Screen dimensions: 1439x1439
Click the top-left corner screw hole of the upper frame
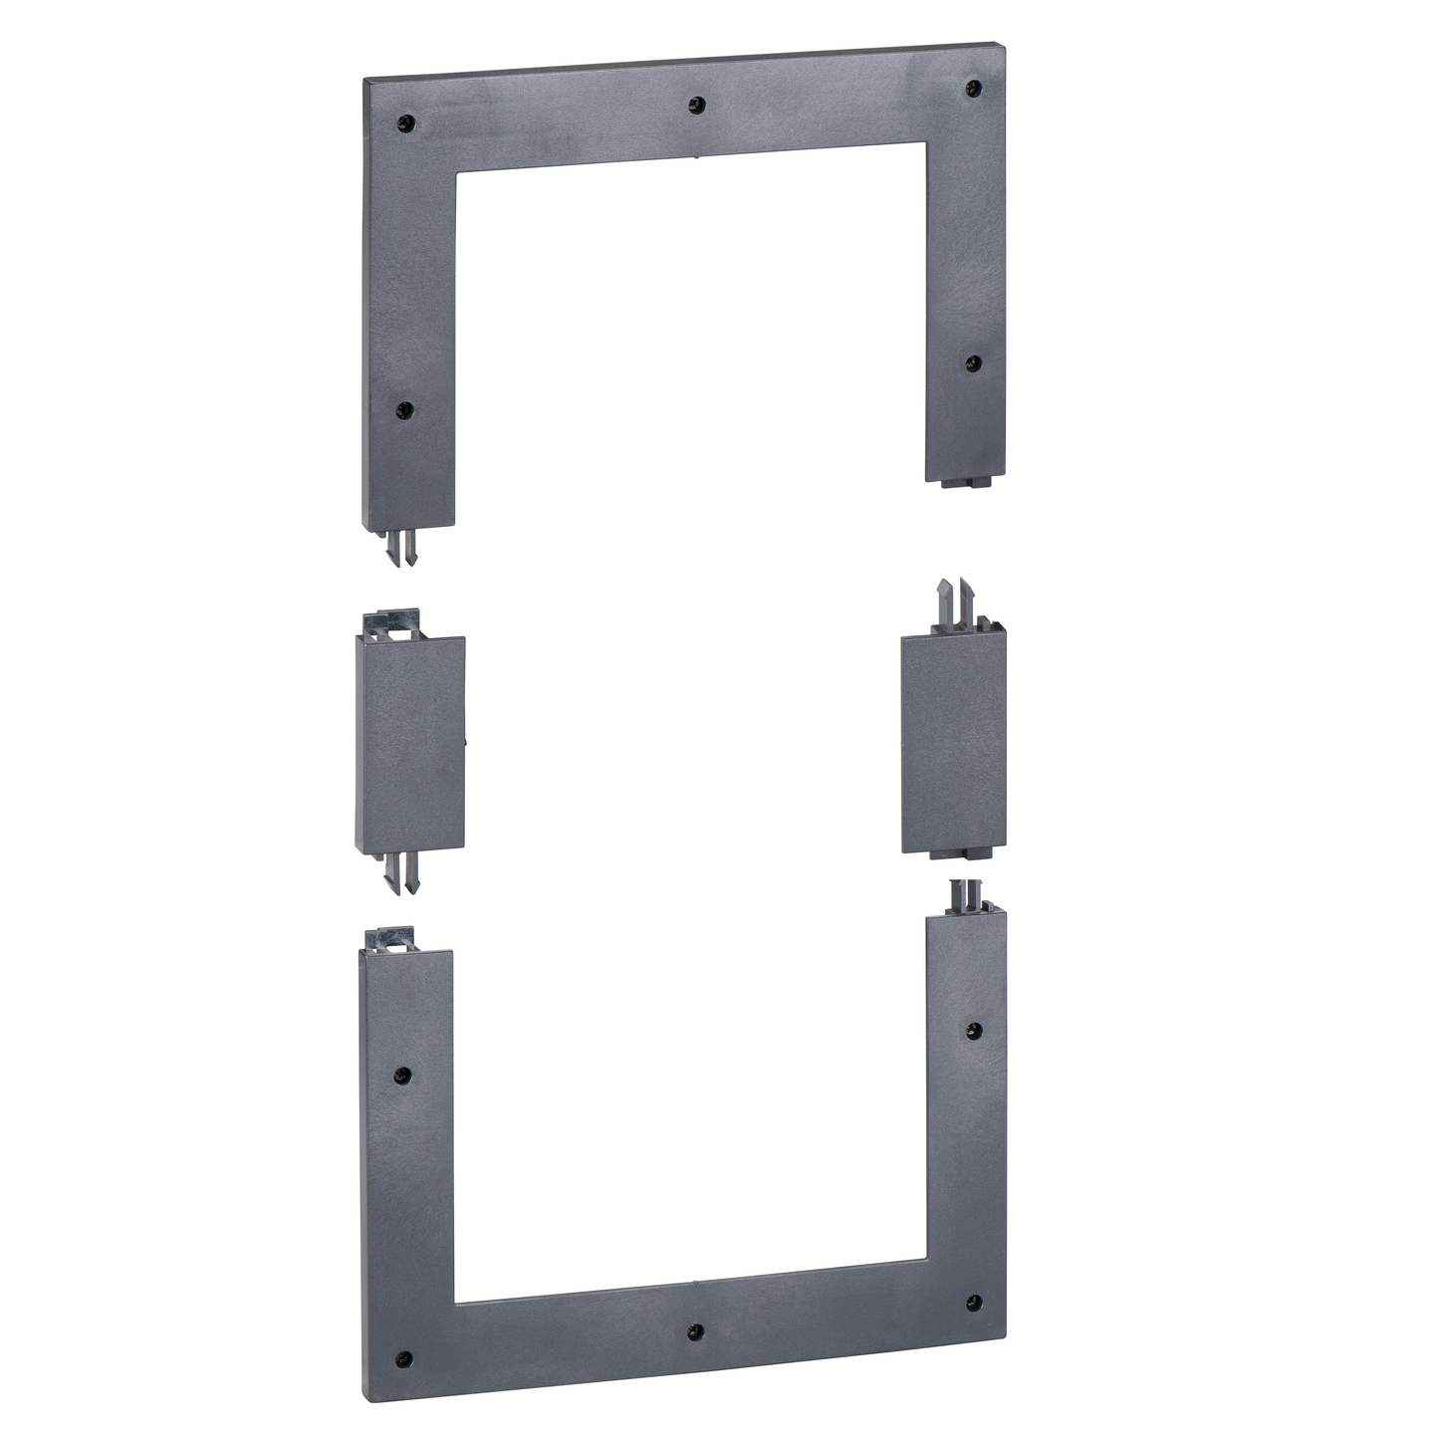pos(405,123)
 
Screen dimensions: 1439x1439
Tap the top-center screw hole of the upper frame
pos(697,103)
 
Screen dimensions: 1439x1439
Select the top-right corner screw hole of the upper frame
pos(973,90)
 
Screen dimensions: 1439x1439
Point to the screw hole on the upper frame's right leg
pos(973,362)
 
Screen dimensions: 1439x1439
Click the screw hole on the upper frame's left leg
pos(404,409)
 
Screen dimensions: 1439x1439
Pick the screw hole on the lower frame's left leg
pos(402,1076)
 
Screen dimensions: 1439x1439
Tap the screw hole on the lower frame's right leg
pos(974,1032)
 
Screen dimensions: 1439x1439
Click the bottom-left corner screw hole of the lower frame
pos(404,1356)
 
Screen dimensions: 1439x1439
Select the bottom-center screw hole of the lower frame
pos(696,1331)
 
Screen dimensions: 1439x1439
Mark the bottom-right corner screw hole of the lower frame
pos(973,1303)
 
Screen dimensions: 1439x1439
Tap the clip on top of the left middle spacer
pos(390,621)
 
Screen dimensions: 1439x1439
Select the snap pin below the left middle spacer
pos(398,873)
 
